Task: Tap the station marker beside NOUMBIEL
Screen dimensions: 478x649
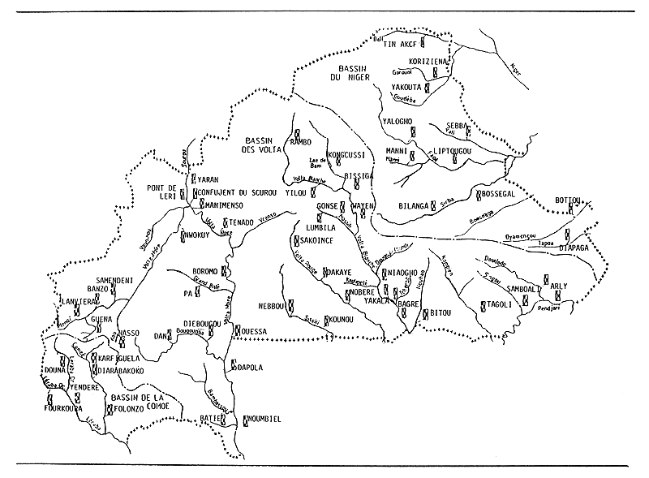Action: [246, 419]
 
